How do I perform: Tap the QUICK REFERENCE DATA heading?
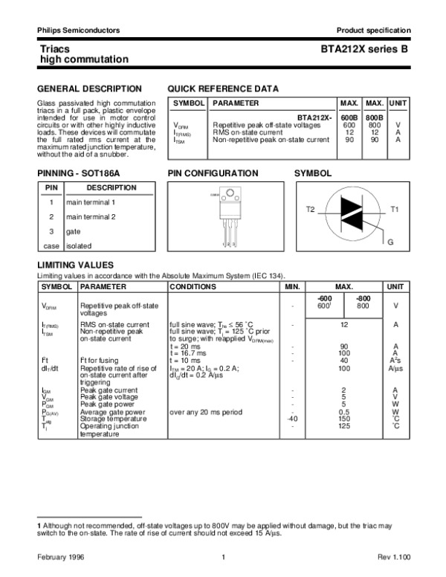tap(224, 88)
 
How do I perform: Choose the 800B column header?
tap(374, 117)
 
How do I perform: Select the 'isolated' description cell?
tap(80, 245)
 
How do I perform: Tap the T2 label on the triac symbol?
tap(311, 210)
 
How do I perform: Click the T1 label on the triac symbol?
tap(395, 210)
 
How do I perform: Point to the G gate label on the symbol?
tap(390, 243)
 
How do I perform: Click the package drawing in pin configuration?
tap(230, 216)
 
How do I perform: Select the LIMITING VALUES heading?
tap(75, 265)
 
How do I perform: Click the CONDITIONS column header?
tap(193, 286)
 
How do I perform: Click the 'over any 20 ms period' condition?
tap(207, 410)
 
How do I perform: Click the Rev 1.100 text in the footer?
tap(393, 558)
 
